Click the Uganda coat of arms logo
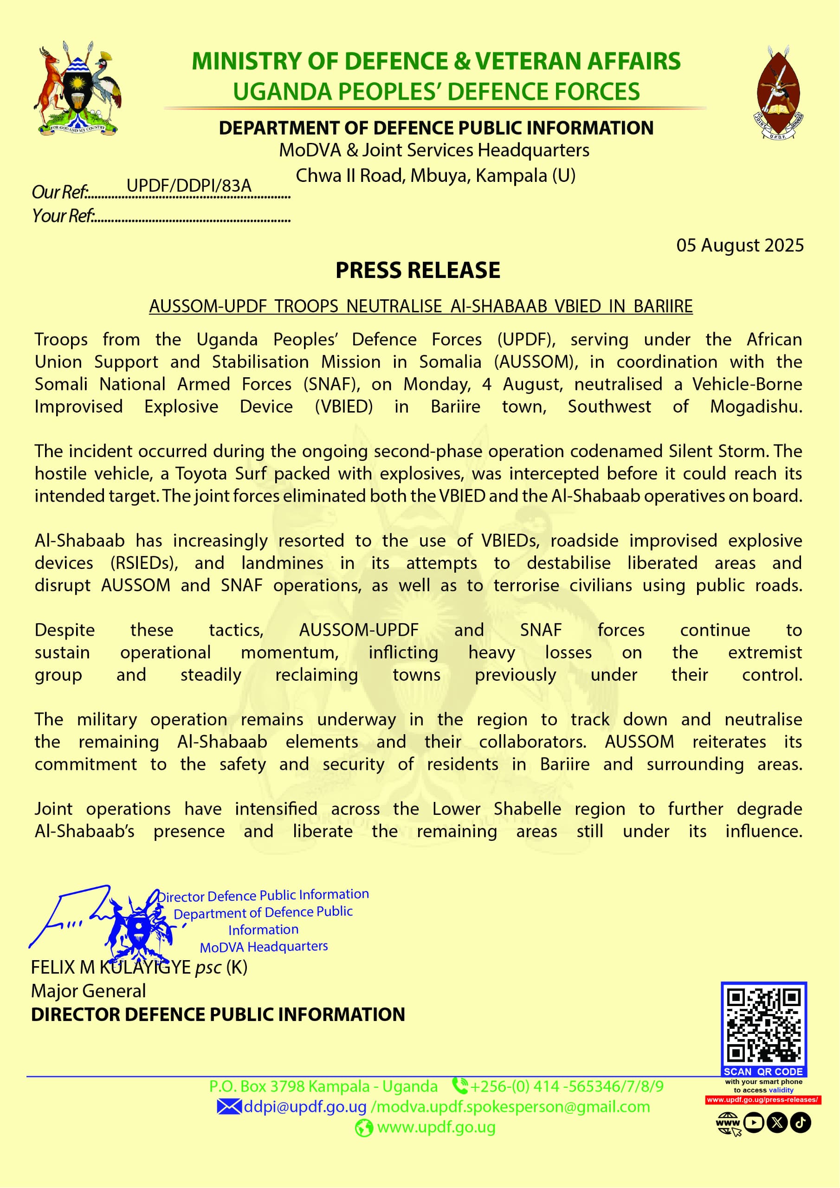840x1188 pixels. click(x=78, y=89)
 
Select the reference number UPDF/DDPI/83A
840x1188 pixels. click(x=189, y=185)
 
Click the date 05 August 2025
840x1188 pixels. click(x=740, y=245)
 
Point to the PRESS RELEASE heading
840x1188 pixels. click(x=418, y=270)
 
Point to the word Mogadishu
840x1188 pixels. click(x=756, y=407)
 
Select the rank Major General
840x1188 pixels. click(x=89, y=991)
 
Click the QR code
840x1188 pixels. click(x=763, y=1026)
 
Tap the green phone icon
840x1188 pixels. click(x=459, y=1085)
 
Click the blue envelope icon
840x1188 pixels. click(x=229, y=1107)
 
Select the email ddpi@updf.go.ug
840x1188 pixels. click(x=305, y=1107)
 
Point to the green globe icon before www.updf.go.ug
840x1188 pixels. click(x=363, y=1128)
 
